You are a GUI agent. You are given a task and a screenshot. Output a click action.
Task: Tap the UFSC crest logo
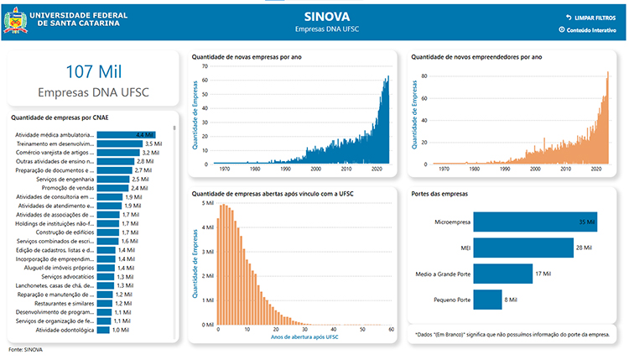[x=16, y=18]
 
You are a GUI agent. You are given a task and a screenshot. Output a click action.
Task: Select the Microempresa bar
[x=537, y=222]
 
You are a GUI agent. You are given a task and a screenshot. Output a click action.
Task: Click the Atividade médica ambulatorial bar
[x=126, y=134]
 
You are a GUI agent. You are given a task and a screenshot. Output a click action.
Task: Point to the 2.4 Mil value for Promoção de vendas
[x=139, y=188]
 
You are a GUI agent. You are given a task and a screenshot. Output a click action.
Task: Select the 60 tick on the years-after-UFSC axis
[x=392, y=331]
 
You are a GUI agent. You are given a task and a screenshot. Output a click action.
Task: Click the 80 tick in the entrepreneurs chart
[x=424, y=76]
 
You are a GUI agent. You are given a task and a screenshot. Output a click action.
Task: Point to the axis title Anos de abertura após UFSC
[x=304, y=337]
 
